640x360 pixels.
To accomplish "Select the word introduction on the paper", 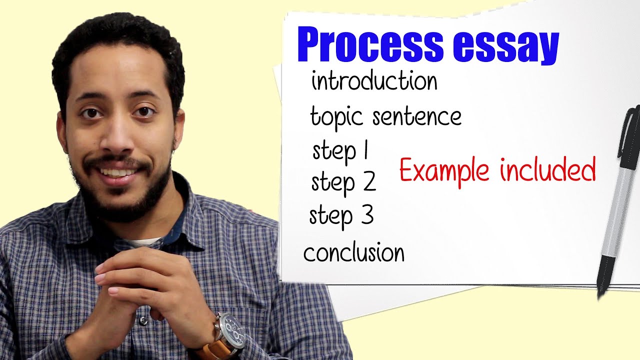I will click(374, 81).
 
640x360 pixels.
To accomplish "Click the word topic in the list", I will click(336, 117).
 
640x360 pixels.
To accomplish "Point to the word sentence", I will click(417, 117).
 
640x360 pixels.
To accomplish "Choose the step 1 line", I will click(340, 150).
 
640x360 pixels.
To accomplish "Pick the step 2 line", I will click(343, 182).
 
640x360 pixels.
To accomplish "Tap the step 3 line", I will click(341, 216).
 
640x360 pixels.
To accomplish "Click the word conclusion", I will click(353, 252).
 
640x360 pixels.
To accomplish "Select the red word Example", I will click(443, 170).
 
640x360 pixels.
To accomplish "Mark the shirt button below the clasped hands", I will click(144, 320).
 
